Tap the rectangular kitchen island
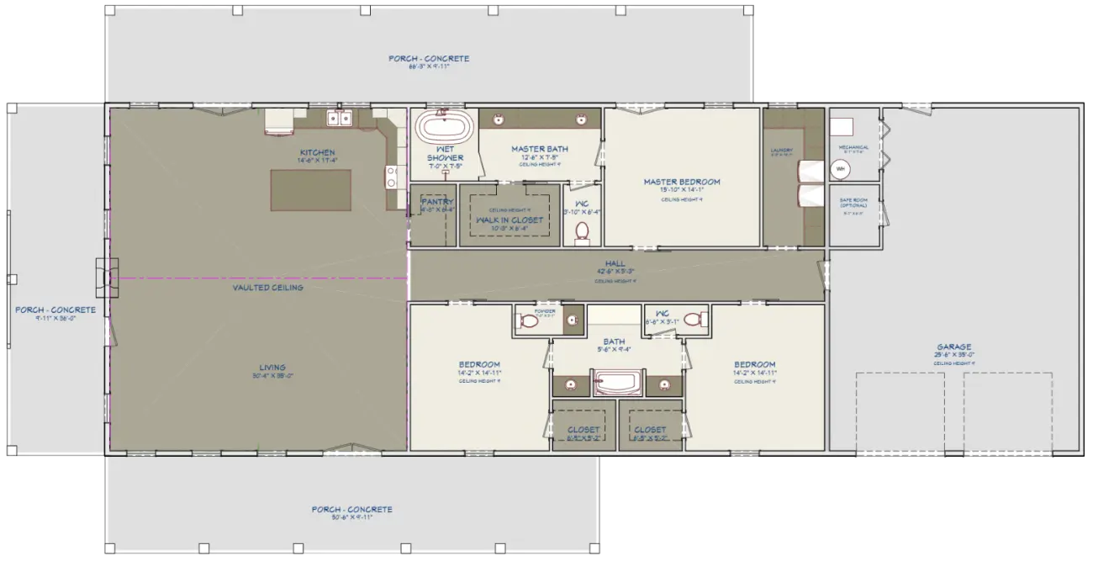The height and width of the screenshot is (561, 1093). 310,190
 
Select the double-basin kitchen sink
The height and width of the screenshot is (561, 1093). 339,119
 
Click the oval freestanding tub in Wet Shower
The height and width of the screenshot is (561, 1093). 442,128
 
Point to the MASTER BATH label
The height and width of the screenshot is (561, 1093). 540,149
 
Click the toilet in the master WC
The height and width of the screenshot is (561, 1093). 583,232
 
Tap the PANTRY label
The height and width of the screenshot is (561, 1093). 437,202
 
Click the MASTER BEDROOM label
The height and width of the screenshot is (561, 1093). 682,182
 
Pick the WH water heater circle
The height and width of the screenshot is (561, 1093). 840,169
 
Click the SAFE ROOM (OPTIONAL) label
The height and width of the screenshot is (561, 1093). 853,202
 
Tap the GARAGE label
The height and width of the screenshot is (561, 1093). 954,347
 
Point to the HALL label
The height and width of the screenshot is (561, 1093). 615,263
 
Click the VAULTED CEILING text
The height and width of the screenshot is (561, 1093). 267,288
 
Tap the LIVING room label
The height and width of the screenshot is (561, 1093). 272,367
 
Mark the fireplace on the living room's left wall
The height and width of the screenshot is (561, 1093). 103,277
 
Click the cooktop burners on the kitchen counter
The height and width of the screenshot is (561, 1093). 392,177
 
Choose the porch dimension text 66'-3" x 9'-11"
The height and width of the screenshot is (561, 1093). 429,66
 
